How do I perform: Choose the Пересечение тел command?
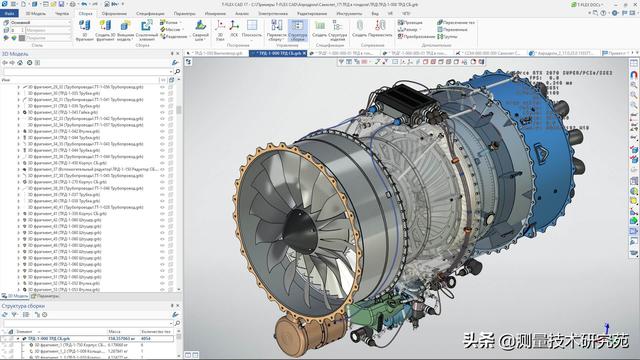click(487, 20)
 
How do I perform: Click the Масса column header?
click(115, 331)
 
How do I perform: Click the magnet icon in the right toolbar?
click(633, 74)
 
